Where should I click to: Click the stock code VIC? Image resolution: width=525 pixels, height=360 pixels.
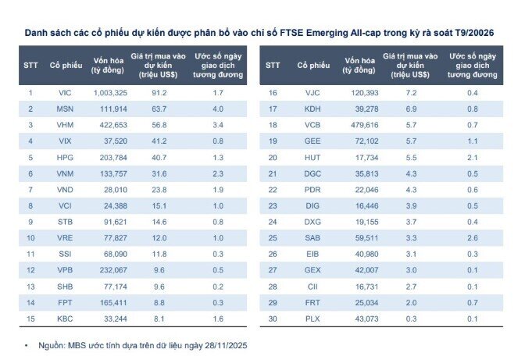(x=65, y=93)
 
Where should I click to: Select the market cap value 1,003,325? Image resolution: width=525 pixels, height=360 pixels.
(x=110, y=93)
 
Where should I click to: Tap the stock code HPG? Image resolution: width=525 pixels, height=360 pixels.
(x=65, y=158)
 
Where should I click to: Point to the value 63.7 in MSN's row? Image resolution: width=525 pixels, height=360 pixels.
(x=159, y=109)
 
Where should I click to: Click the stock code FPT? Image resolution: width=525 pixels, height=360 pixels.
(x=65, y=303)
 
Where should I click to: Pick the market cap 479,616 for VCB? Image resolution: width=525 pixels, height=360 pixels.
(x=365, y=125)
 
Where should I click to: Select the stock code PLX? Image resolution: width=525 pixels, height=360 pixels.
(x=312, y=319)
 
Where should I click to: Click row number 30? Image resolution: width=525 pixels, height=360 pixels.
(x=273, y=319)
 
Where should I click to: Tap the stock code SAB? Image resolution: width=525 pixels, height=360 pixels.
(x=312, y=238)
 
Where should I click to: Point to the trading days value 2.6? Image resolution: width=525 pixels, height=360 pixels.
(x=473, y=238)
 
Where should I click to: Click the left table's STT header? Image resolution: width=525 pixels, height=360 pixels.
(x=30, y=66)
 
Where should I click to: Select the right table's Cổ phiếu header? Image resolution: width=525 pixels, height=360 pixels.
(x=313, y=66)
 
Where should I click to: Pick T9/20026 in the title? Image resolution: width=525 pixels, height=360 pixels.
(x=474, y=33)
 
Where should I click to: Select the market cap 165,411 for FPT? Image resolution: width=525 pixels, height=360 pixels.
(x=113, y=303)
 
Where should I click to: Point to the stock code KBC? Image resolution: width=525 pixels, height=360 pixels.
(x=65, y=319)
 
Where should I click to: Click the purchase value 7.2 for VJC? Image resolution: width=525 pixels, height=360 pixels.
(x=411, y=93)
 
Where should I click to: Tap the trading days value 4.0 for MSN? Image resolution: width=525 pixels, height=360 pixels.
(x=218, y=109)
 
